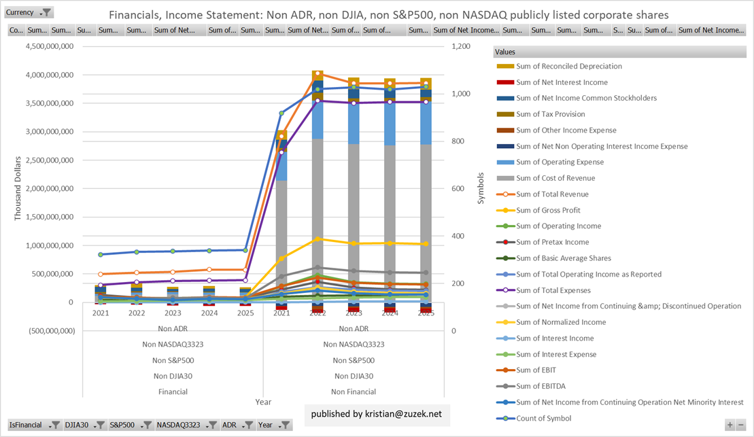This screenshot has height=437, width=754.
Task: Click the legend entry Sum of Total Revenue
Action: (552, 194)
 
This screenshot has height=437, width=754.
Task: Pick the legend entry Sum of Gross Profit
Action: (549, 211)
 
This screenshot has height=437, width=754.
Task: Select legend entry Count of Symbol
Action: (543, 418)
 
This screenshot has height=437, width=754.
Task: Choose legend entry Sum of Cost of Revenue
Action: (555, 178)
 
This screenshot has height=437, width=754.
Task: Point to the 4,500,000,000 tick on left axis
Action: (50, 46)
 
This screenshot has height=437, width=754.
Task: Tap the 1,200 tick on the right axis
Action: (460, 46)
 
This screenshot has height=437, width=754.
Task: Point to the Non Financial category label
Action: (354, 391)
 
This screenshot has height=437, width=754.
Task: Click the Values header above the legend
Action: (505, 52)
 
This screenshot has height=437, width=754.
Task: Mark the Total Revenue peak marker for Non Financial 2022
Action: (318, 73)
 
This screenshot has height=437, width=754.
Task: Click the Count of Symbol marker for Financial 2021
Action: (101, 255)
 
